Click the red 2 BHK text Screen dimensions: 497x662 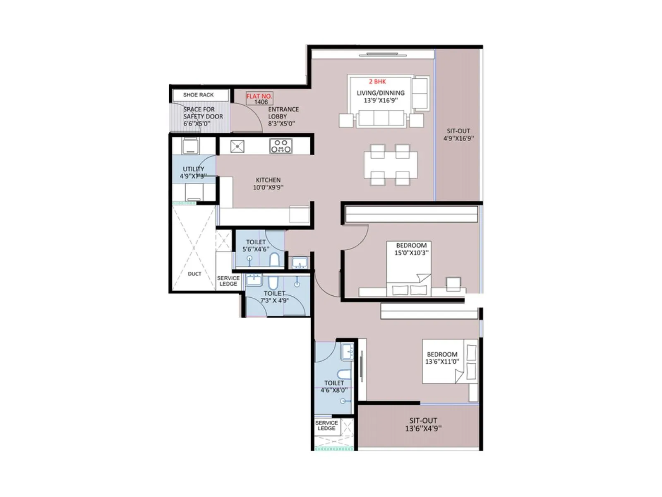tap(377, 82)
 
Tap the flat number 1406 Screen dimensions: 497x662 tap(261, 102)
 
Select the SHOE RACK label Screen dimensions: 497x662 tap(198, 95)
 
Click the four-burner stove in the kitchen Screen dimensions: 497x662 tap(281, 146)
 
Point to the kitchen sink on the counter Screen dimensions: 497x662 tap(237, 146)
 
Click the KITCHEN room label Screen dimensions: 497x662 tap(268, 180)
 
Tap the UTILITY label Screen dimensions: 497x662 tap(193, 169)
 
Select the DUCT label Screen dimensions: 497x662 tap(194, 274)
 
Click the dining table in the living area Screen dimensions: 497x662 tap(390, 164)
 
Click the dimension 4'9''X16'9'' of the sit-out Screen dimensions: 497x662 tap(458, 139)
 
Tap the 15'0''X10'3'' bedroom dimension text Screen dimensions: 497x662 tap(411, 253)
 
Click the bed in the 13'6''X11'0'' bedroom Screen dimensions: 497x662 tap(449, 361)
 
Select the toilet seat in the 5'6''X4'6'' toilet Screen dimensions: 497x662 tap(274, 260)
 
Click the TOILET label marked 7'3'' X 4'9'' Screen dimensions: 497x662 tap(274, 293)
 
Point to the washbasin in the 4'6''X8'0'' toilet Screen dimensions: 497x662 tap(347, 352)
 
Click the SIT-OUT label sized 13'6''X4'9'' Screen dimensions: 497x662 tap(423, 420)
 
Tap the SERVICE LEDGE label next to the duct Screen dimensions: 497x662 tap(228, 281)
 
